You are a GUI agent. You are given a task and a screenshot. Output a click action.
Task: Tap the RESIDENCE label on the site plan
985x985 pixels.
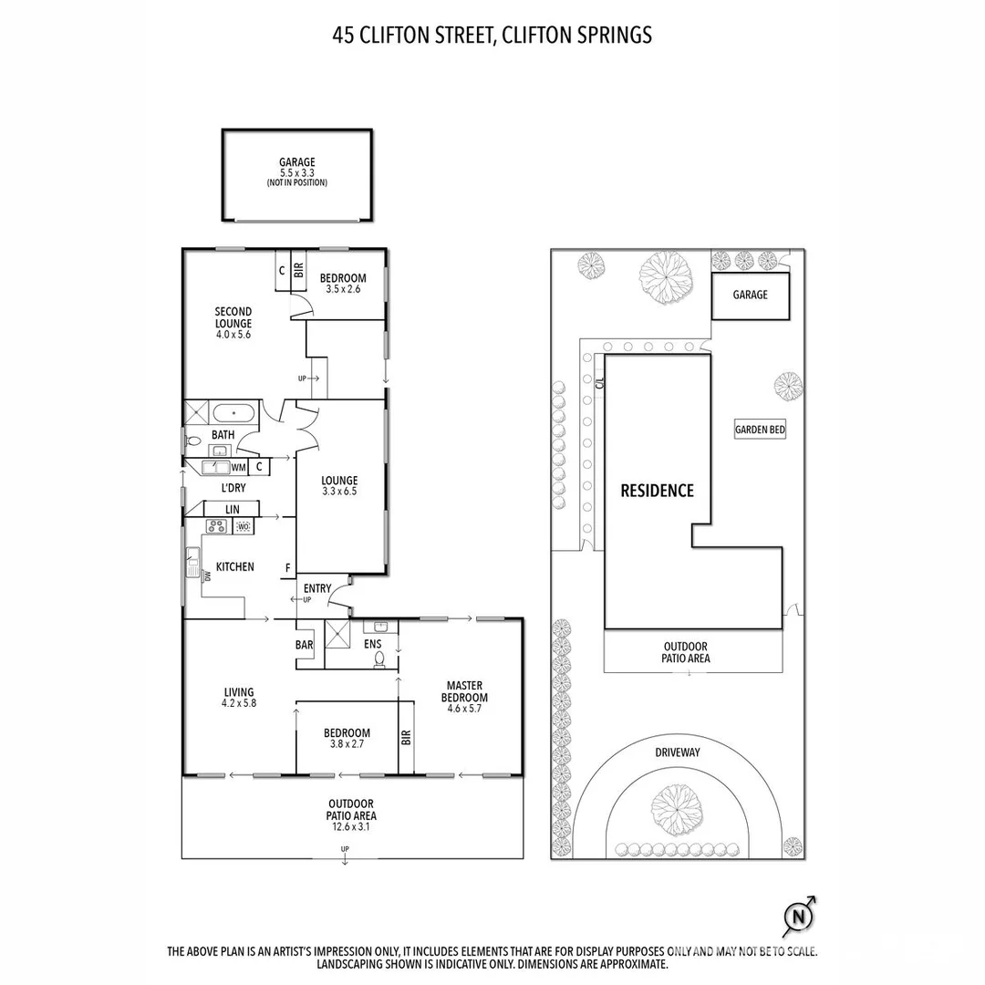click(657, 491)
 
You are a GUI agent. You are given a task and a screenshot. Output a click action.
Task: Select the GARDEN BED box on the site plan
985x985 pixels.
click(760, 430)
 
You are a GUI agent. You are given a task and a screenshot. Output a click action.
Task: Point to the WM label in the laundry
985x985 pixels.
click(238, 468)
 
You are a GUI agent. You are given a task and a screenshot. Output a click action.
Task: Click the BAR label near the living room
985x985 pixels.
click(305, 645)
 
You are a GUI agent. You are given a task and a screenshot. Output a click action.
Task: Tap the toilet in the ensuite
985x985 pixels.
click(381, 657)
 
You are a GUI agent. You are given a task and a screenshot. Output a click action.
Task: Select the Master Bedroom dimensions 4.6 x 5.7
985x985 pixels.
click(466, 709)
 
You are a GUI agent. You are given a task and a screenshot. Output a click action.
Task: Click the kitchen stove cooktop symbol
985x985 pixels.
click(217, 526)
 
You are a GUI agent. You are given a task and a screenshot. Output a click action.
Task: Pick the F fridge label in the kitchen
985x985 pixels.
click(287, 567)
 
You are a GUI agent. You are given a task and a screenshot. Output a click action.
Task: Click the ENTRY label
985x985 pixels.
click(317, 588)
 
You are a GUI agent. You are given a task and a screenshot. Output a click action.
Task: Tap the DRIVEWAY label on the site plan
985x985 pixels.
click(677, 752)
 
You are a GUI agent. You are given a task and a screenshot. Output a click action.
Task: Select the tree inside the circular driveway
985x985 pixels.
click(677, 805)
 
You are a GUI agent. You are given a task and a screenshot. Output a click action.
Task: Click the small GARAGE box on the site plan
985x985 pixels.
click(750, 295)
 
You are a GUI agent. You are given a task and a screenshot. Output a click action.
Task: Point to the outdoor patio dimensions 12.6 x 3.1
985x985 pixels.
click(352, 827)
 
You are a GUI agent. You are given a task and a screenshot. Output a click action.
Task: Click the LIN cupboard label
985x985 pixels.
click(233, 509)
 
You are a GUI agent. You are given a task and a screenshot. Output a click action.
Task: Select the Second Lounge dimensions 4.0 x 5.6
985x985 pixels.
click(233, 335)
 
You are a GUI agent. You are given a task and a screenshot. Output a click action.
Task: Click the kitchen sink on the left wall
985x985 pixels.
click(192, 561)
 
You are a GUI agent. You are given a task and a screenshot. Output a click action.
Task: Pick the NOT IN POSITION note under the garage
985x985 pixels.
click(296, 182)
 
